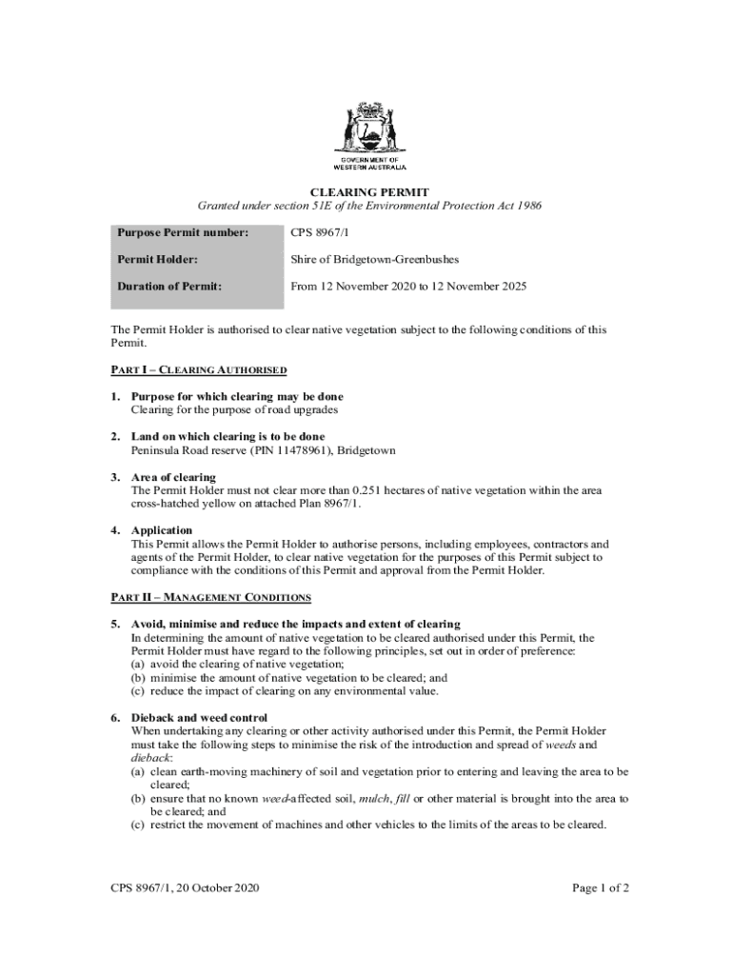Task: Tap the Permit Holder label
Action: click(x=157, y=259)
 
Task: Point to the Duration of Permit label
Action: click(x=169, y=286)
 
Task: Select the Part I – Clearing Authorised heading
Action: click(x=199, y=369)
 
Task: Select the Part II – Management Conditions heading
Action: click(x=211, y=598)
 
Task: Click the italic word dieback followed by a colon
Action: click(x=149, y=758)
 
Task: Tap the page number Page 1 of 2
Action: click(x=601, y=888)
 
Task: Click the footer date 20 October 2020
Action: click(x=214, y=888)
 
